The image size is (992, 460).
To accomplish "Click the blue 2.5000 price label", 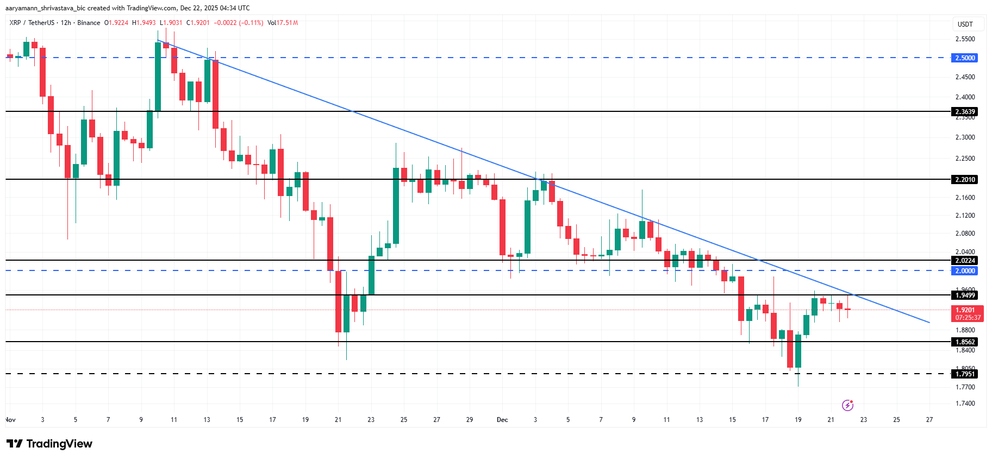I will [965, 58].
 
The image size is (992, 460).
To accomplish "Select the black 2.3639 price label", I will [965, 112].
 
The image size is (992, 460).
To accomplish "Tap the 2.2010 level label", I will [965, 180].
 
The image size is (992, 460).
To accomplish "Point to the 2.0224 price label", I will [965, 261].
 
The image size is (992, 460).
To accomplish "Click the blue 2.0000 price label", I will [965, 271].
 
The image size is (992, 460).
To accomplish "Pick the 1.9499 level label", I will [965, 295].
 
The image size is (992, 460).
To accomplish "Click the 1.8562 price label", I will [965, 342].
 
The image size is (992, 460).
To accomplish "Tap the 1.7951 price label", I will [965, 374].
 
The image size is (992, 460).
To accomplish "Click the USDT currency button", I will [965, 24].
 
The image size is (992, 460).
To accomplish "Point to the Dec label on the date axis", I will [502, 420].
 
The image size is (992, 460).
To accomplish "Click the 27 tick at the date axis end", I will [929, 420].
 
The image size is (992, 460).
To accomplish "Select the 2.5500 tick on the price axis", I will [965, 39].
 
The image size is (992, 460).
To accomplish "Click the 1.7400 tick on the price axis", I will [965, 404].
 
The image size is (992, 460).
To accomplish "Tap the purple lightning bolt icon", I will [847, 405].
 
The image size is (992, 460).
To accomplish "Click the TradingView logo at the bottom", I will [49, 444].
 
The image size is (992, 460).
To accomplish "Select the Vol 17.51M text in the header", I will [283, 23].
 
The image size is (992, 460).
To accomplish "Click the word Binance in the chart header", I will [89, 23].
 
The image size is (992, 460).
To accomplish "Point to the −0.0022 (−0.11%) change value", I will [238, 23].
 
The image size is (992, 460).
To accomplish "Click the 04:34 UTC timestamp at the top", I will [235, 8].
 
